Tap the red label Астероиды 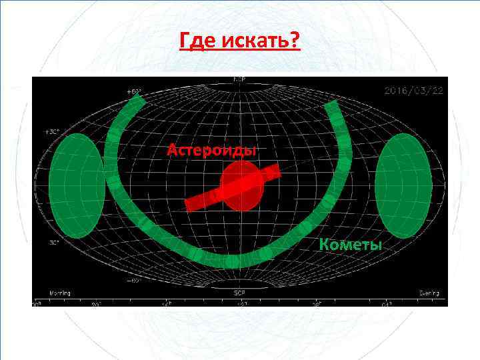(211, 149)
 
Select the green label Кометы (351, 244)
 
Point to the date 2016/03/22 (412, 90)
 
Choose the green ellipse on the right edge (404, 185)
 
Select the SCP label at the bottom (239, 291)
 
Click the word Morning (59, 293)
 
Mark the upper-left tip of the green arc (137, 97)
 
